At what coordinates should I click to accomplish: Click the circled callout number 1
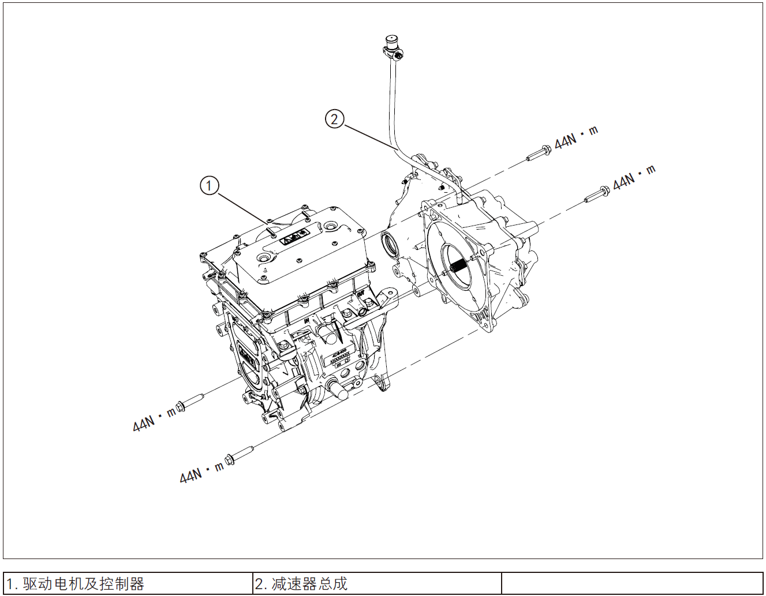pyautogui.click(x=209, y=186)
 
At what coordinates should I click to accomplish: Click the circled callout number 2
pyautogui.click(x=334, y=119)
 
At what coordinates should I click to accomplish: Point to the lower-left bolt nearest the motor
pyautogui.click(x=189, y=402)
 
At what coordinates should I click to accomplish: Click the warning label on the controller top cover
pyautogui.click(x=294, y=237)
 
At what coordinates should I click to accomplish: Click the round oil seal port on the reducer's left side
pyautogui.click(x=390, y=243)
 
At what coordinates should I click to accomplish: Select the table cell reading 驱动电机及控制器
pyautogui.click(x=128, y=583)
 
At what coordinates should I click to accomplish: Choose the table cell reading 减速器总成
pyautogui.click(x=377, y=583)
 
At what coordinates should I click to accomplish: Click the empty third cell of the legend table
pyautogui.click(x=632, y=583)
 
